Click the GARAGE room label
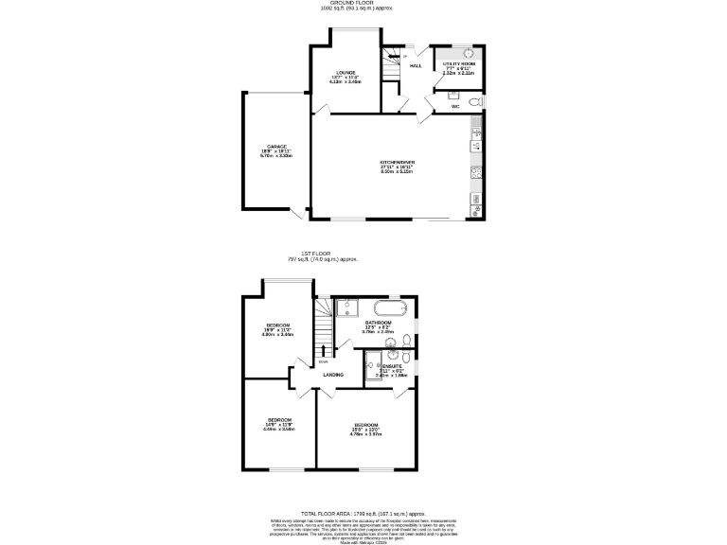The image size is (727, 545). (x=276, y=147)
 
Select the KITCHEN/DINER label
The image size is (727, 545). (x=397, y=163)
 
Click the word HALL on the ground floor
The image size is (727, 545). (x=416, y=65)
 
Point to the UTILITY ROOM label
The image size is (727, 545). (x=458, y=62)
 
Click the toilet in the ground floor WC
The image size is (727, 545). (x=475, y=101)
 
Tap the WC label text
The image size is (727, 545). (x=454, y=107)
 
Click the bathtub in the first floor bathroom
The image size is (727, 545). (x=390, y=308)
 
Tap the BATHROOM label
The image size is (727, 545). (x=378, y=323)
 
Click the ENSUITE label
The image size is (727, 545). (x=392, y=365)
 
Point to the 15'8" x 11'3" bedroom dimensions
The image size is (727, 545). (x=277, y=330)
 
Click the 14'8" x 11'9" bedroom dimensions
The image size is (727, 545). (x=279, y=425)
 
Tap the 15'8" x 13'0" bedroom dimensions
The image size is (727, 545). (x=365, y=430)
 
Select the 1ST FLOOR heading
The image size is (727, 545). (x=314, y=255)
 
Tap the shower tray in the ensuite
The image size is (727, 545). (x=371, y=360)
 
